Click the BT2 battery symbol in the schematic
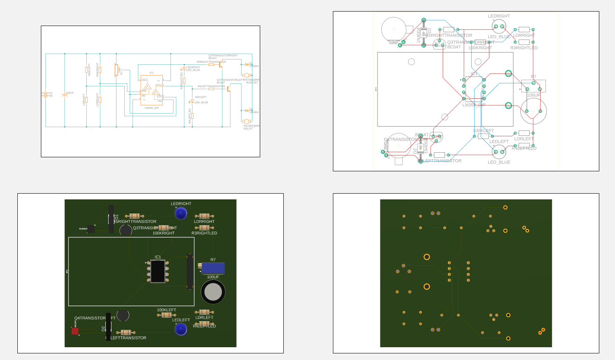45,95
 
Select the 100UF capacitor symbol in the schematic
64,95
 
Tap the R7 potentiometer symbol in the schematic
116,70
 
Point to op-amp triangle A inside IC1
147,87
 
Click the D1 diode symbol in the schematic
247,64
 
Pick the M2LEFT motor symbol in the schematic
247,121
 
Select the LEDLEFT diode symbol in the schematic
192,102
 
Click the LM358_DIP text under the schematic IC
152,108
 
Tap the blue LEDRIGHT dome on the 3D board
181,213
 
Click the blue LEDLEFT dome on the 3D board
181,329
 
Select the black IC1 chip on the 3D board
158,271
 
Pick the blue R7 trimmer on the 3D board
212,268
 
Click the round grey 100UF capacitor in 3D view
213,292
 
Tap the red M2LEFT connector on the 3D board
75,331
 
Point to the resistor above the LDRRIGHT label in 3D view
204,216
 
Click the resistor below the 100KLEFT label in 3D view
166,315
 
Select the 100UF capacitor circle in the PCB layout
534,111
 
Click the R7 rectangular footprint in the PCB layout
534,86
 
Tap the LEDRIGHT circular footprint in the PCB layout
499,26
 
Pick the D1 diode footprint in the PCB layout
424,33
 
